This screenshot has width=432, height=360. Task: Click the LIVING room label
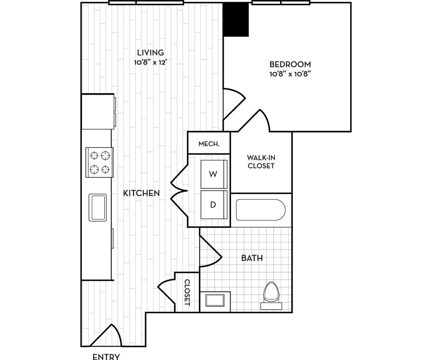[150, 53]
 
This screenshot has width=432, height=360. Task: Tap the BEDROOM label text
[290, 64]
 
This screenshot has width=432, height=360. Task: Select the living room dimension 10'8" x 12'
[150, 62]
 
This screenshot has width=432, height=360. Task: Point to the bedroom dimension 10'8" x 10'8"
[290, 74]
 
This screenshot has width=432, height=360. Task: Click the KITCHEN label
[141, 193]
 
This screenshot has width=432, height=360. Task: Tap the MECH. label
[209, 144]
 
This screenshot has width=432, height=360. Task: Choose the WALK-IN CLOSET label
[261, 162]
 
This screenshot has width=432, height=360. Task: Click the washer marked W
[213, 174]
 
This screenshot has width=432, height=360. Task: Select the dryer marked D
[213, 205]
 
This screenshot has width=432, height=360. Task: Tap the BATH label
[252, 258]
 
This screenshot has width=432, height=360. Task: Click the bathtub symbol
[260, 210]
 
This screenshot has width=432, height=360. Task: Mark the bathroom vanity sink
[215, 300]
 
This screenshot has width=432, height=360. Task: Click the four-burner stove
[100, 162]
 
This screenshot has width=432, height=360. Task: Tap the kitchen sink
[98, 207]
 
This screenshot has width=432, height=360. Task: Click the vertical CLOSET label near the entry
[187, 292]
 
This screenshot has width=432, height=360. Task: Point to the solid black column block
[236, 19]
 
